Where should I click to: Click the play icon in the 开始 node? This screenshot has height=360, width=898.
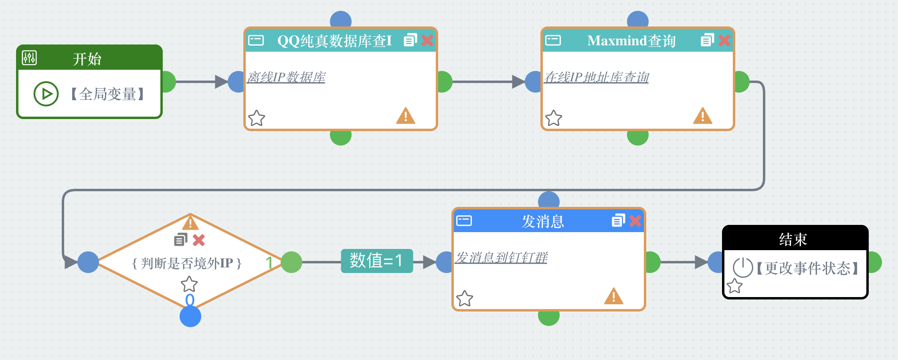(x=46, y=94)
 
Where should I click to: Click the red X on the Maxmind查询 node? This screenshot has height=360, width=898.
(x=724, y=40)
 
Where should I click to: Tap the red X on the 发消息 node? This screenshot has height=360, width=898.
(x=635, y=221)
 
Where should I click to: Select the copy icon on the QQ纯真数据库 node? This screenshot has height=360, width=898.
(x=410, y=40)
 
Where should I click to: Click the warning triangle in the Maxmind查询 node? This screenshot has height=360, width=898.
(x=702, y=116)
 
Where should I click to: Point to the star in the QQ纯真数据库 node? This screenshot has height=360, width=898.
(x=257, y=118)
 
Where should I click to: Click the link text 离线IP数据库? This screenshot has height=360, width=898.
(x=286, y=77)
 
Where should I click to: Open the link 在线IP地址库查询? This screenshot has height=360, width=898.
(x=596, y=77)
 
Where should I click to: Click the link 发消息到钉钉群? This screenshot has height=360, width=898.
(x=501, y=257)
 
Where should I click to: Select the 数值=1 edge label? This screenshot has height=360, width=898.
(x=376, y=261)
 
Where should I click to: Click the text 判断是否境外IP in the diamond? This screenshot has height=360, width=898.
(x=187, y=263)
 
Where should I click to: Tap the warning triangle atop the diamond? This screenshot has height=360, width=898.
(x=190, y=222)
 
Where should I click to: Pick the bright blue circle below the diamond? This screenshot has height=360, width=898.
(x=190, y=316)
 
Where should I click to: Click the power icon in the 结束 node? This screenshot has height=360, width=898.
(x=742, y=267)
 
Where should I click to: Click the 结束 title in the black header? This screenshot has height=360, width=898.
(x=793, y=239)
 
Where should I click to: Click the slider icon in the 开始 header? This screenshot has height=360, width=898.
(x=29, y=58)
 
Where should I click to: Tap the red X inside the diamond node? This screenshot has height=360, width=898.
(x=199, y=240)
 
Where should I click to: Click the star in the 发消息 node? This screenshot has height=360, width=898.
(x=465, y=298)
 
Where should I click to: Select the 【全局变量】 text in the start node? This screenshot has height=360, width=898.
(x=107, y=94)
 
